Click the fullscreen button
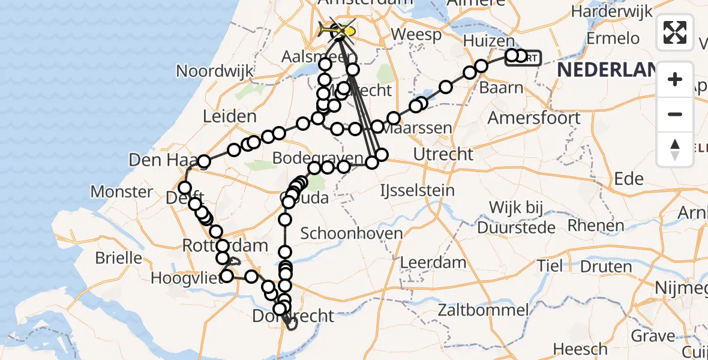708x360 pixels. tap(675, 32)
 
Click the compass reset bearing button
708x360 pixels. tap(675, 149)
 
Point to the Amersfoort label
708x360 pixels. tap(533, 118)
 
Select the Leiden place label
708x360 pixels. tap(230, 116)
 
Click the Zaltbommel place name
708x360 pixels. tap(483, 310)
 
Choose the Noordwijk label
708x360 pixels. tap(215, 71)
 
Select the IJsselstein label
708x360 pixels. tap(417, 191)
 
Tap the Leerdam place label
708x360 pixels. tap(433, 262)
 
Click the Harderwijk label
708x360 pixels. tap(610, 11)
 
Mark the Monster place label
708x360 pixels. tap(121, 192)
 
